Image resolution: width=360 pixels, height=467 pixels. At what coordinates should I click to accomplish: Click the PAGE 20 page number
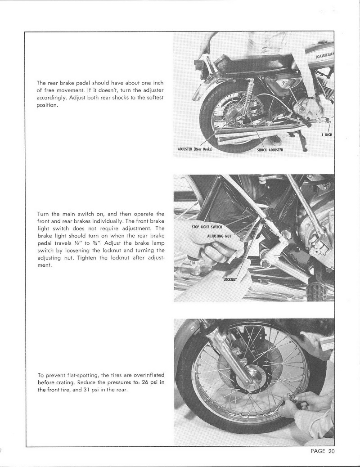coord(323,452)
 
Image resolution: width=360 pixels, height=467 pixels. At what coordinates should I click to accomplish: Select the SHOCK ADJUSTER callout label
coord(270,150)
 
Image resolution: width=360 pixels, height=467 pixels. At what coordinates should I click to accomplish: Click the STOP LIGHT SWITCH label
coord(207,227)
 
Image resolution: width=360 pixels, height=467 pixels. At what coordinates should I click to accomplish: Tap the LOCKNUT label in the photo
coord(230,279)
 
